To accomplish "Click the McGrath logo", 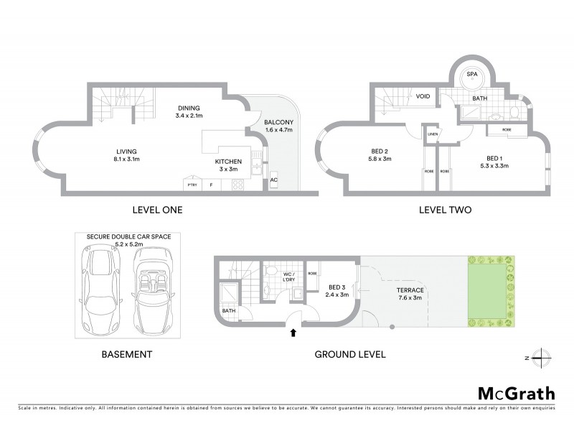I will coord(516,393).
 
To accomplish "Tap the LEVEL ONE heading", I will coord(157,210).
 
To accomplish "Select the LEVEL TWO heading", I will coord(445,210).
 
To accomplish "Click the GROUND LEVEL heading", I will coord(350,354).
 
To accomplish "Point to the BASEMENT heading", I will coord(127,354).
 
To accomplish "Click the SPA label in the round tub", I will coord(472,74).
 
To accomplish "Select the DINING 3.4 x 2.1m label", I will coord(190,112).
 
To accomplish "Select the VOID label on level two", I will coord(423,96).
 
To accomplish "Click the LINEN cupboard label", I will coord(432,134).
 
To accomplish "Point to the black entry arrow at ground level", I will coord(293,332).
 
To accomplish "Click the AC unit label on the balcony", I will coord(273,180).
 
